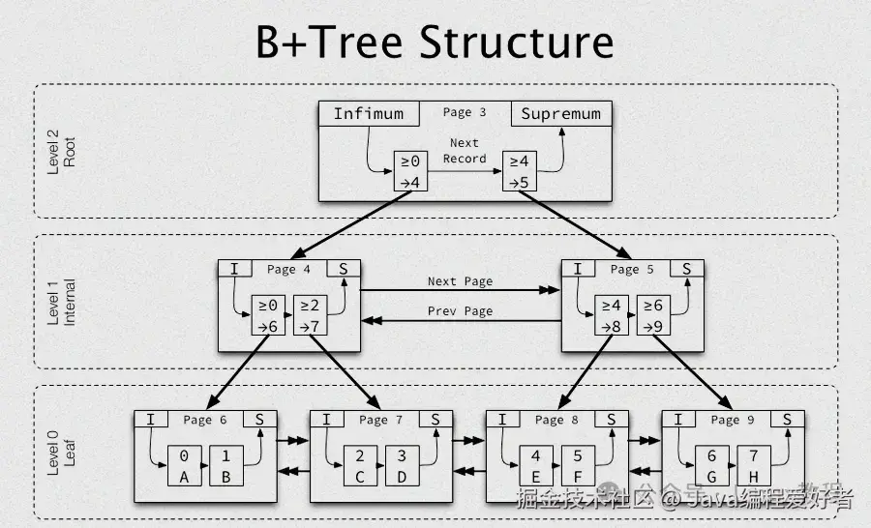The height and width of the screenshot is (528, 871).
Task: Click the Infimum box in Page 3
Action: coord(368,113)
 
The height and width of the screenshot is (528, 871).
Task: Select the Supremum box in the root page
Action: coord(561,113)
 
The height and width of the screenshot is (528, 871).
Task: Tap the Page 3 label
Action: coord(464,112)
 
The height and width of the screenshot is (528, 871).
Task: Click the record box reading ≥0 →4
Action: coord(410,171)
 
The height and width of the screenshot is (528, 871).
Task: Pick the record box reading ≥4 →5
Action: coord(519,171)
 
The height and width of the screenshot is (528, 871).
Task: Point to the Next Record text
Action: coord(465,151)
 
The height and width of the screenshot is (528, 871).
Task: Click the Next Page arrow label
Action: coord(460,281)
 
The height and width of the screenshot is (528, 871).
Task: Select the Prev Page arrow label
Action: coord(460,311)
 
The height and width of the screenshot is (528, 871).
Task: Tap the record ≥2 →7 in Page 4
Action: coord(310,315)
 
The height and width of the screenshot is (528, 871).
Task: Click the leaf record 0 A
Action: coord(184,465)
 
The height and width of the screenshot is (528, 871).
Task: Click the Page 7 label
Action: coord(373,420)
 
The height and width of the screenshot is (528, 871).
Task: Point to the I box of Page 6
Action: coord(151,419)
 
